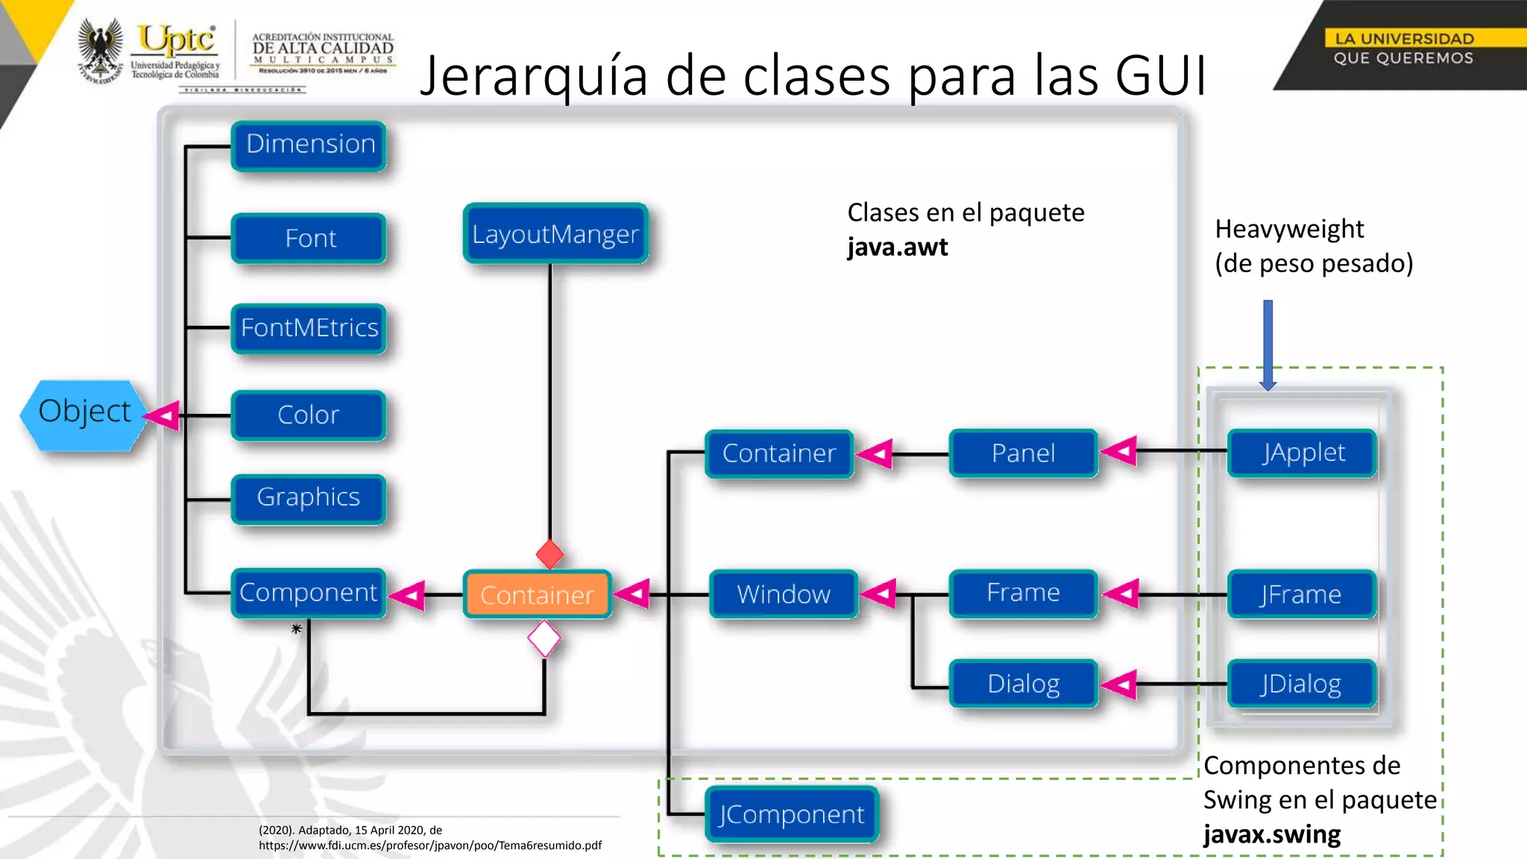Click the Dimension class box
point(309,145)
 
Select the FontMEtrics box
point(309,328)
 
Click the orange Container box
point(537,595)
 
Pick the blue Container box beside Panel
point(779,453)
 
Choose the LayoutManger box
point(555,234)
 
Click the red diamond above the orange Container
point(550,555)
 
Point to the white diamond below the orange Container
point(544,639)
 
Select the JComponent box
point(791,814)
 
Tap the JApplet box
point(1302,453)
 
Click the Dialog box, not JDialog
point(1023,684)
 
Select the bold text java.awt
point(898,247)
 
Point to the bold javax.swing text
point(1272,834)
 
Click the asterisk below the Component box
point(297,629)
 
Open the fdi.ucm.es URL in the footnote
point(430,846)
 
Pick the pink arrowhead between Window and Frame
point(880,594)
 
